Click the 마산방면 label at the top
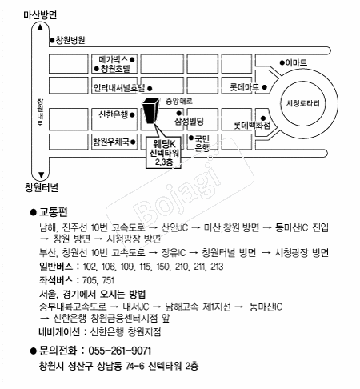(x=40, y=14)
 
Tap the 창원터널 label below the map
(x=42, y=187)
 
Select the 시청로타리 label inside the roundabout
(x=302, y=103)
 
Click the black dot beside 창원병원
(x=52, y=41)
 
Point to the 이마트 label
(x=296, y=62)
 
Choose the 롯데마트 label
(x=245, y=87)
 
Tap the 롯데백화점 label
(x=252, y=125)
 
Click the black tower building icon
(x=150, y=110)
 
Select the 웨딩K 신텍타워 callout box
(x=164, y=153)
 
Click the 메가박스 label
(x=114, y=59)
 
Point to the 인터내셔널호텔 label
(x=119, y=87)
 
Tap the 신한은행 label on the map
(x=114, y=114)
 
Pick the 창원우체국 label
(x=111, y=142)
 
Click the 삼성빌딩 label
(x=189, y=122)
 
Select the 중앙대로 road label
(x=179, y=101)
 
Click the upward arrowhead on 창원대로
(x=40, y=27)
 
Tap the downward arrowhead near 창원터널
(x=41, y=175)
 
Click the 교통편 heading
(x=53, y=212)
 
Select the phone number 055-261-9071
(x=120, y=351)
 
